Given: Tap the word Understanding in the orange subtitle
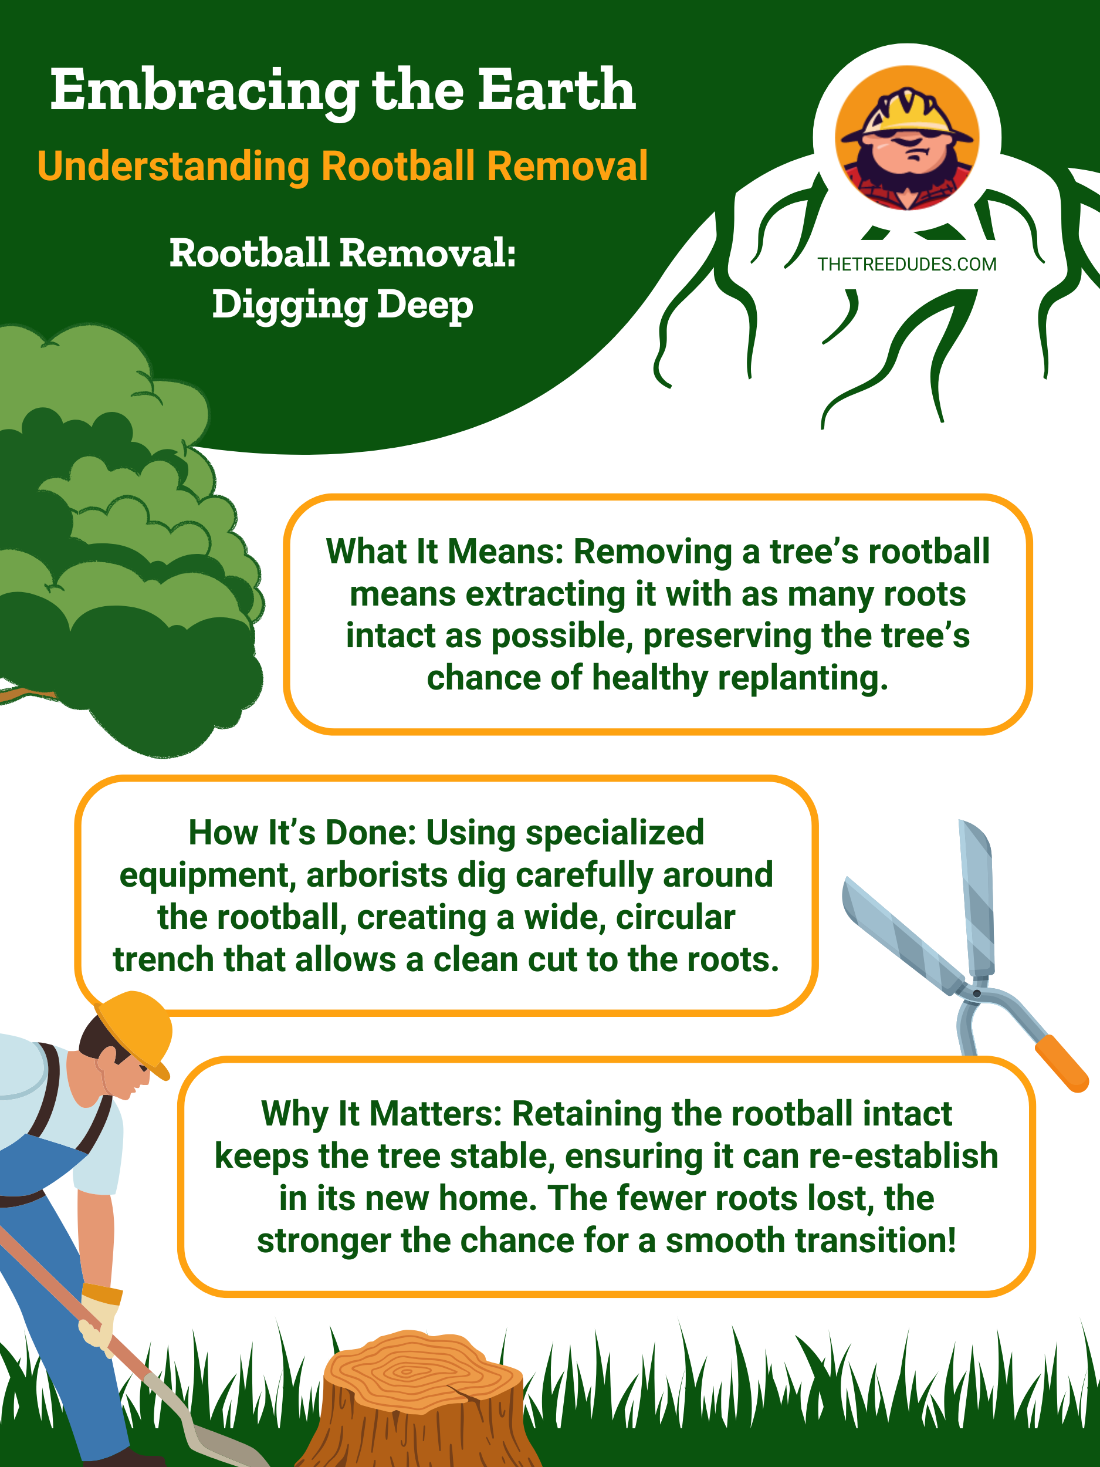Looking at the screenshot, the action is [174, 166].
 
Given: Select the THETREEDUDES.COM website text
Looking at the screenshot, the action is [906, 265].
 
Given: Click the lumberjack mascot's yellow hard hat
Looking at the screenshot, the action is [907, 113].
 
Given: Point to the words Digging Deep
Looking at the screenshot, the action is [343, 305].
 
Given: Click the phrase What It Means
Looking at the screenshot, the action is [444, 552].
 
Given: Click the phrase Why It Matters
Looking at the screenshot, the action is [382, 1114].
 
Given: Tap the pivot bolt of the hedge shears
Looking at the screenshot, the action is [977, 993].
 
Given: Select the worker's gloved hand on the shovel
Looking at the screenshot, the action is [100, 1320].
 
